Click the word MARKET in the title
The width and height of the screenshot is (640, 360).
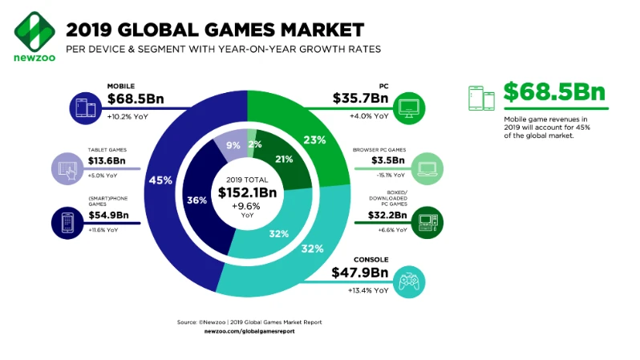point(318,30)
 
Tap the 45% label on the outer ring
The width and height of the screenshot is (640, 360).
point(160,180)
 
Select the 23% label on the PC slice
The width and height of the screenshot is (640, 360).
point(315,140)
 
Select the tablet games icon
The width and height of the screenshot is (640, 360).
point(67,168)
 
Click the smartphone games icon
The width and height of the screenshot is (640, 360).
point(67,222)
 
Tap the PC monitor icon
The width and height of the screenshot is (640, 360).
point(409,107)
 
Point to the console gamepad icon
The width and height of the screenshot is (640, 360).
point(410,282)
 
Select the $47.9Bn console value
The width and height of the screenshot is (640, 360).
point(359,273)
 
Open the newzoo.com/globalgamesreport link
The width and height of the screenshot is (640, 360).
point(249,330)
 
